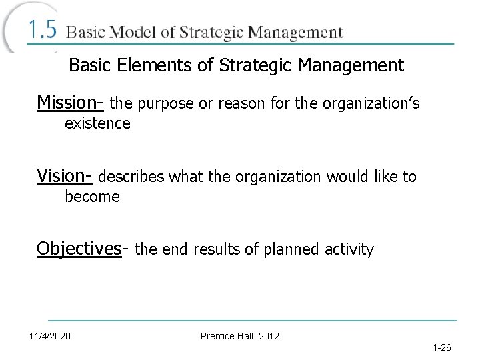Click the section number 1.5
pyautogui.click(x=43, y=31)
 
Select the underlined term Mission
pyautogui.click(x=67, y=103)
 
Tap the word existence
pyautogui.click(x=97, y=123)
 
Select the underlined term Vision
pyautogui.click(x=64, y=176)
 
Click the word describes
pyautogui.click(x=133, y=177)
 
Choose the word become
pyautogui.click(x=92, y=197)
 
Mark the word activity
pyautogui.click(x=351, y=250)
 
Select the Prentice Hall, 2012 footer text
pyautogui.click(x=240, y=335)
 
